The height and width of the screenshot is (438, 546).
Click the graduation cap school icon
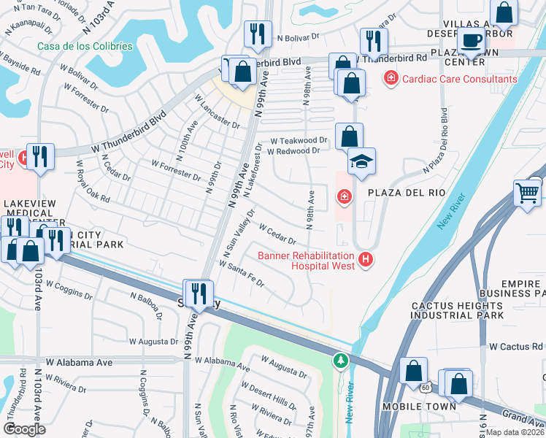tap(361, 161)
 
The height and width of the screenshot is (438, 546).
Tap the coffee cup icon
tap(472, 41)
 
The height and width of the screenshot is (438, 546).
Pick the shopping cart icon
tap(527, 193)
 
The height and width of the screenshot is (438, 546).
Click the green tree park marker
tap(340, 360)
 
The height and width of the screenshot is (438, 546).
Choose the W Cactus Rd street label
tap(516, 346)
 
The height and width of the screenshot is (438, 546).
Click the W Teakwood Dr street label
tap(299, 139)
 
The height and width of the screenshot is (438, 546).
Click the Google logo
tap(24, 429)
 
